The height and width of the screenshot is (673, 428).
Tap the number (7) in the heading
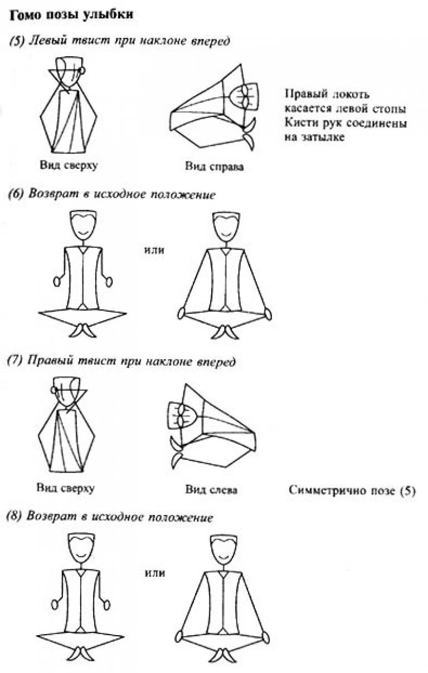click(14, 361)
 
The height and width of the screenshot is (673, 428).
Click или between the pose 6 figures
click(154, 250)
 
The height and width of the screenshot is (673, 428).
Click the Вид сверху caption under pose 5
click(69, 165)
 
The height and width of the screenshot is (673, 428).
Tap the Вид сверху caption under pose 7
click(66, 488)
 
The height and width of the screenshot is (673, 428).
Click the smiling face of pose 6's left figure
click(83, 225)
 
